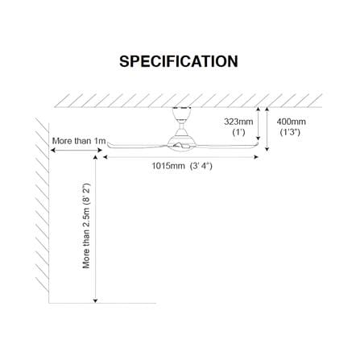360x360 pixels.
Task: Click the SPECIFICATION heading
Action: pyautogui.click(x=179, y=61)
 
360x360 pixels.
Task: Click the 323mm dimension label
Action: pyautogui.click(x=238, y=122)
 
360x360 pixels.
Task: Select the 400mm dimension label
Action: pyautogui.click(x=292, y=122)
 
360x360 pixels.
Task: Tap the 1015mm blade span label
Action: pyautogui.click(x=168, y=166)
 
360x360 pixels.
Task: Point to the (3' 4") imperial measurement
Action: pyautogui.click(x=201, y=166)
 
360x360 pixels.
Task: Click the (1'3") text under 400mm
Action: pyautogui.click(x=290, y=132)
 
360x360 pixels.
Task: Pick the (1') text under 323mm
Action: pyautogui.click(x=238, y=132)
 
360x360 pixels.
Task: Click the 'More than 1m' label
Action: pyautogui.click(x=79, y=141)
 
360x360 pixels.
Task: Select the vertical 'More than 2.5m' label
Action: pyautogui.click(x=86, y=226)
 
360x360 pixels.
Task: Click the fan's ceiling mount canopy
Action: pyautogui.click(x=182, y=114)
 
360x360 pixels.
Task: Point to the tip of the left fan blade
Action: pyautogui.click(x=108, y=144)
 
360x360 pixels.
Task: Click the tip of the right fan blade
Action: pyautogui.click(x=257, y=144)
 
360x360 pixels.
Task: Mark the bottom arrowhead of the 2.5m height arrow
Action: pyautogui.click(x=95, y=300)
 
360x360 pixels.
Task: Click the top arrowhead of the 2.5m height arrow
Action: pyautogui.click(x=95, y=158)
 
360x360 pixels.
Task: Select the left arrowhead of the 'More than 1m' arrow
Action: pyautogui.click(x=53, y=151)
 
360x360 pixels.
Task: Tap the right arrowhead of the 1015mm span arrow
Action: pyautogui.click(x=256, y=157)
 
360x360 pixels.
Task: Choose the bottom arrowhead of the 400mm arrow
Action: pyautogui.click(x=267, y=148)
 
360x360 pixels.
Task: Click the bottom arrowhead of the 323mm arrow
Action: pyautogui.click(x=259, y=138)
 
